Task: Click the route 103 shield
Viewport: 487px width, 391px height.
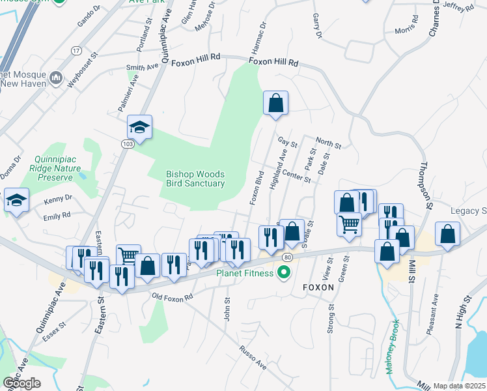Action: pos(126,143)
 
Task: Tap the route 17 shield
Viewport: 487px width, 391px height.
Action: pos(76,50)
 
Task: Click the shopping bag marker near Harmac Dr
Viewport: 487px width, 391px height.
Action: pos(275,104)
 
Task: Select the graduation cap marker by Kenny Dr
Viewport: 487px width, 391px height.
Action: pos(16,200)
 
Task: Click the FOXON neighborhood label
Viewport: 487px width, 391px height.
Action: pos(317,287)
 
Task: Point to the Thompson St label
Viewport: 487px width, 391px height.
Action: pos(426,186)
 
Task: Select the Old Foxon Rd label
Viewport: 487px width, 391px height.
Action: pos(173,297)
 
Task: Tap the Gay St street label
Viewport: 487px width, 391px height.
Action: pos(287,142)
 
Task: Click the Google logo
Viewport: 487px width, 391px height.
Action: pos(21,383)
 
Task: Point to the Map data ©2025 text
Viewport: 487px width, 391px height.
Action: pos(459,386)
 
